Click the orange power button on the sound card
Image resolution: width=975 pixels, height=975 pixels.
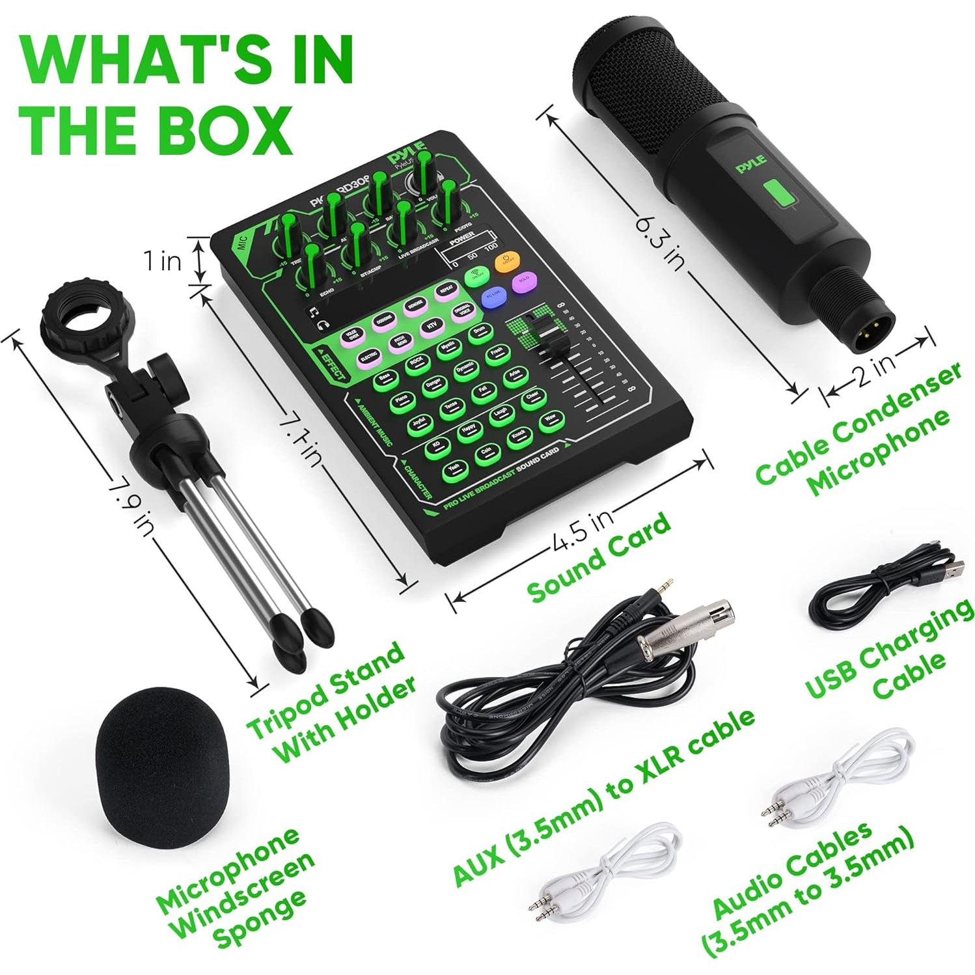tap(506, 262)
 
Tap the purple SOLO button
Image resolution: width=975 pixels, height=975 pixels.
tap(521, 283)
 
